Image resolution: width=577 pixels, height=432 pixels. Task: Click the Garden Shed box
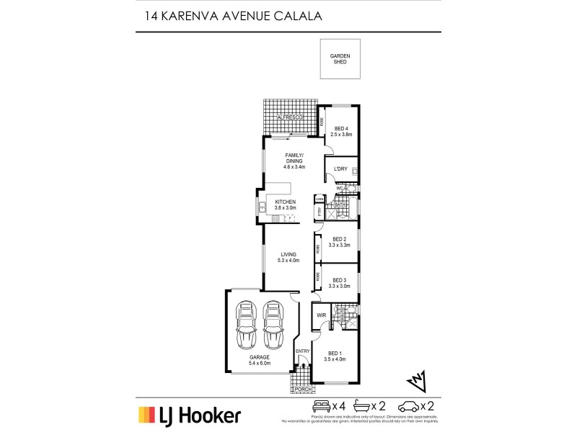[x=339, y=59]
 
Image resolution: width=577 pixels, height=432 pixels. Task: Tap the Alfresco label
[x=291, y=117]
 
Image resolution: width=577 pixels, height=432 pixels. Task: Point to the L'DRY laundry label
[x=340, y=169]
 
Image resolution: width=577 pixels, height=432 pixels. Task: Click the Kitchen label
[x=295, y=202]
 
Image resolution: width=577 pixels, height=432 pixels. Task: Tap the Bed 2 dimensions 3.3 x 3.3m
[x=339, y=246]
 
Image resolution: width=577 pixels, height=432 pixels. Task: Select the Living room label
[x=289, y=254]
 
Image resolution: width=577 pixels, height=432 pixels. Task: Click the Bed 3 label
[x=339, y=280]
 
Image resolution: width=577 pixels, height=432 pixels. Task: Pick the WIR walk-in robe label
[x=322, y=315]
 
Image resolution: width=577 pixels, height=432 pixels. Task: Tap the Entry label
[x=302, y=351]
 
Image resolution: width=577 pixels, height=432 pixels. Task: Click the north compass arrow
[x=416, y=379]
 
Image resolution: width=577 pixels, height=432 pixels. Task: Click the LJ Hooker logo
[x=189, y=415]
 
